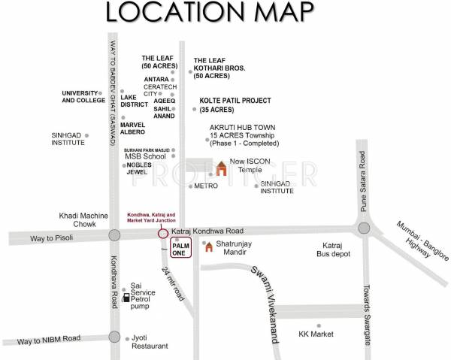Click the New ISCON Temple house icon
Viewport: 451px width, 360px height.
pyautogui.click(x=221, y=169)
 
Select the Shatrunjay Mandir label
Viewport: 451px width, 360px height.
pyautogui.click(x=238, y=249)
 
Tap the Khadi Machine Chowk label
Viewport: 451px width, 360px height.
pyautogui.click(x=85, y=220)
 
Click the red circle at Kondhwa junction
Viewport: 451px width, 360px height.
pyautogui.click(x=162, y=233)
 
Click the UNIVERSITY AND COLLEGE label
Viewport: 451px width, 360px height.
pyautogui.click(x=84, y=97)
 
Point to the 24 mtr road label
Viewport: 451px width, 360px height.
pyautogui.click(x=173, y=284)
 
